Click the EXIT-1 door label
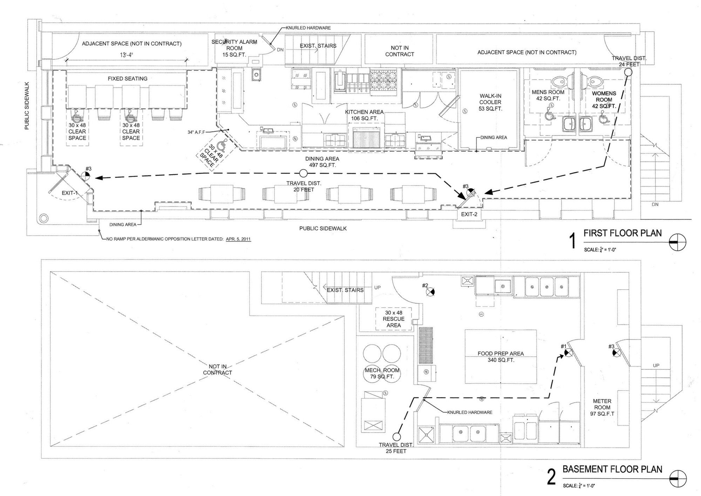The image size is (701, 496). point(70,193)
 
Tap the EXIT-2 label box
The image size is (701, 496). point(469,214)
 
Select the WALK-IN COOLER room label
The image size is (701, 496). point(490,102)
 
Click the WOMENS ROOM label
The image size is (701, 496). point(604,100)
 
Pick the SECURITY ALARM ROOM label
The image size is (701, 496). point(234,48)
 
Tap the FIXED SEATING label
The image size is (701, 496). point(128,79)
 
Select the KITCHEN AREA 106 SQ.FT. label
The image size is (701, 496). point(364,115)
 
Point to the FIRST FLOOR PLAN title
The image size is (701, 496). point(622,233)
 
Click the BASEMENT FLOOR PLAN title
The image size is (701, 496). point(612,469)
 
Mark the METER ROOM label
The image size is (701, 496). point(602,408)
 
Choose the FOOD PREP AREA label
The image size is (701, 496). point(501,357)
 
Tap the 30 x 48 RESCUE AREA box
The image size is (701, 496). point(394,319)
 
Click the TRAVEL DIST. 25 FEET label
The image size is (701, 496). point(396,448)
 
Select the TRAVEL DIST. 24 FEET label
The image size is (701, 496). point(629,61)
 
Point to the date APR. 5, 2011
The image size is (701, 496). point(238,239)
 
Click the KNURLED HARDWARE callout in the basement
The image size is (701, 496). point(470,412)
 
